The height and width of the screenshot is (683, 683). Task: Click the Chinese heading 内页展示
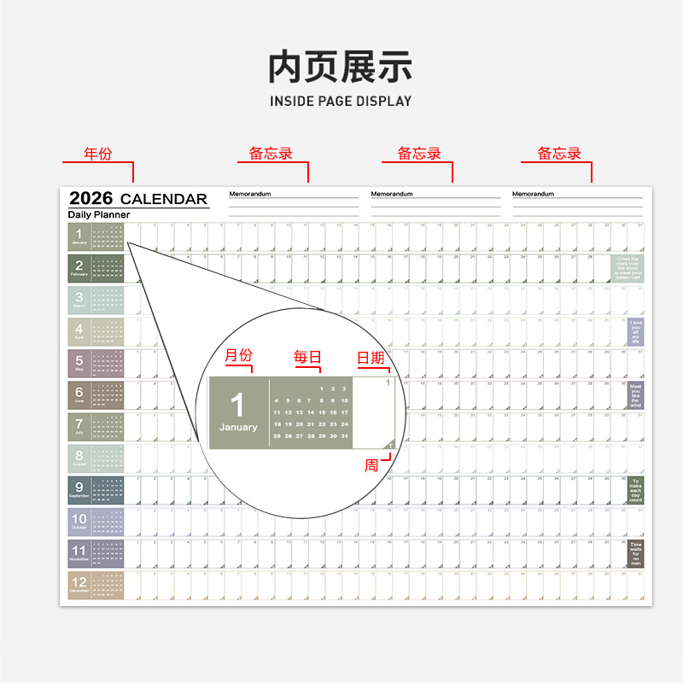click(341, 67)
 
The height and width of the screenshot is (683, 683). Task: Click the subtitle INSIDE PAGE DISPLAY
click(341, 101)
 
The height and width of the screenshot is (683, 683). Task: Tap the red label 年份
click(97, 155)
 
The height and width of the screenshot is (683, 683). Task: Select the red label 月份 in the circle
click(238, 356)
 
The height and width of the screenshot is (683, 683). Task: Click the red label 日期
click(371, 358)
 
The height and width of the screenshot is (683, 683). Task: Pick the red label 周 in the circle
click(371, 465)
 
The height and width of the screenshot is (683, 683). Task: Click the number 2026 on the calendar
click(90, 199)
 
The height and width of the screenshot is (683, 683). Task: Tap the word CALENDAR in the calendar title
click(164, 200)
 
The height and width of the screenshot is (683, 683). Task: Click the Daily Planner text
click(99, 215)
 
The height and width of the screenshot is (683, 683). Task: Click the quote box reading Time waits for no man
click(635, 553)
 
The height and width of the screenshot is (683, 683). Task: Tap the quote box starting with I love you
click(635, 331)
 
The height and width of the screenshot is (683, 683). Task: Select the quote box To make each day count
click(635, 490)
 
